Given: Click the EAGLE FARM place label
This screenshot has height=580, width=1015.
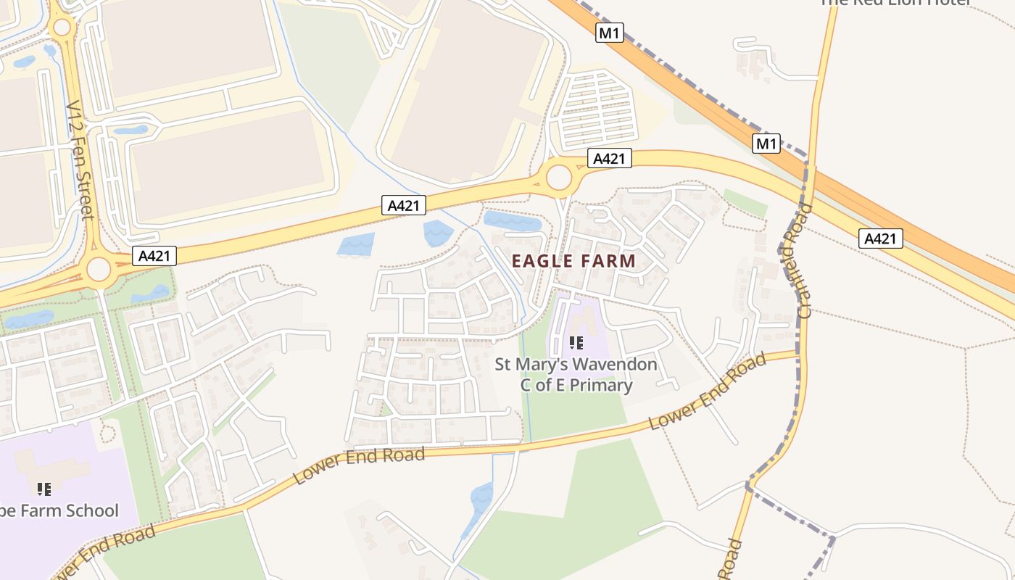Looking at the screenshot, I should coord(573,261).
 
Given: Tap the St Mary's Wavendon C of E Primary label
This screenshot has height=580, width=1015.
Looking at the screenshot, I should coord(576,374).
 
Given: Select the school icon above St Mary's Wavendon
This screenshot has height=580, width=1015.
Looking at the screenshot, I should coord(576,342).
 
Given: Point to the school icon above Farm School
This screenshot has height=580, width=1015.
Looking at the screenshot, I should coord(44,489).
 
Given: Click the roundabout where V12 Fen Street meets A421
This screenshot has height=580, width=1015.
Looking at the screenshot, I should coord(99,270).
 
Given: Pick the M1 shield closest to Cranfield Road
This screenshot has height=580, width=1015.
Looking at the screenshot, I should coord(766,144).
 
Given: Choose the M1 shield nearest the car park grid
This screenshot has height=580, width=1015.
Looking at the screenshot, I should coord(609,33).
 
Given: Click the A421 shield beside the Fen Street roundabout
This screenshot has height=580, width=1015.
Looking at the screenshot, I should coord(154,255).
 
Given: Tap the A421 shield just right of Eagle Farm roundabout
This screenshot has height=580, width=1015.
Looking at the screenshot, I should coord(608,159).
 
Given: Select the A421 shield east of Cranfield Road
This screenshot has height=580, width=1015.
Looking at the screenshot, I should coord(880,238).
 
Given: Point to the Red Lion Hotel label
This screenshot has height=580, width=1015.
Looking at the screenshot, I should coord(895,3).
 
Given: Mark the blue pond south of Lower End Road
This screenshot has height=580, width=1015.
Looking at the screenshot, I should coord(481,499).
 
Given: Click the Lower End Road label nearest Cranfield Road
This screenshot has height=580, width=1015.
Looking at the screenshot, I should coord(707,391).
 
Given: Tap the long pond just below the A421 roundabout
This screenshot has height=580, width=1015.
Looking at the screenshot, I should coord(513,220).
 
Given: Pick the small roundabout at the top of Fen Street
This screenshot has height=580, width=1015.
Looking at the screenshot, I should coord(62,28).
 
